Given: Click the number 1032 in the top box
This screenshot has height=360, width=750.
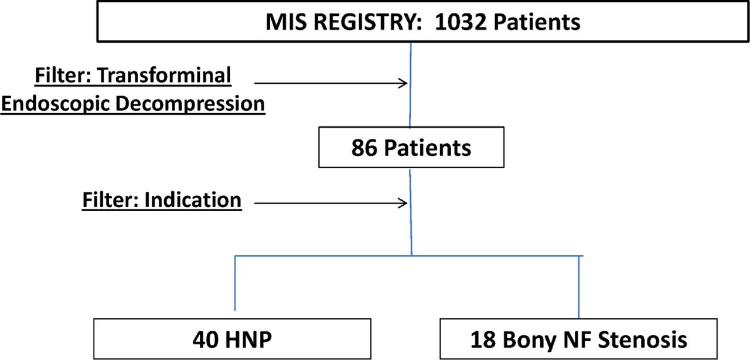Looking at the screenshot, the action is point(461,22).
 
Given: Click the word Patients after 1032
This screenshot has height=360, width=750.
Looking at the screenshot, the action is point(537,22).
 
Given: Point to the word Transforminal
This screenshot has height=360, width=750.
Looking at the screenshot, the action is point(164,74).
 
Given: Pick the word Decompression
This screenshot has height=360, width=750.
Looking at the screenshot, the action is point(190,103).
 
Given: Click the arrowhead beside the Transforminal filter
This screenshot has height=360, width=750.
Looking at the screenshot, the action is point(403,83).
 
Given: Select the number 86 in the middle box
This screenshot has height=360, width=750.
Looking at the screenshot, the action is point(364,148).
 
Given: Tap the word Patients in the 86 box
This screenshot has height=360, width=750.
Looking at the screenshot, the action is point(428,148).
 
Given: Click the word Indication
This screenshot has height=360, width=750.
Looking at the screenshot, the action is point(193,200).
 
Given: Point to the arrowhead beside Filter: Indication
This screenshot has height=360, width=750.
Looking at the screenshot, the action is point(403,203).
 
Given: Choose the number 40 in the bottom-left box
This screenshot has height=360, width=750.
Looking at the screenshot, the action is point(205,339).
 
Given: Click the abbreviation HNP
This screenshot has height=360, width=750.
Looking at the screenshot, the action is point(248,339).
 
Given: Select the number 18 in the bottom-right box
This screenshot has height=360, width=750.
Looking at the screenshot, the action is point(483,339).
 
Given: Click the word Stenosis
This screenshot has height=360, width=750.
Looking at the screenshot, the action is point(643,339).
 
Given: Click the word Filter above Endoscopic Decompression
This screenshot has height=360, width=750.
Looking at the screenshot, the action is point(63,74).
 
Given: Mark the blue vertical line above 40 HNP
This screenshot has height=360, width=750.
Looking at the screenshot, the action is point(235,283).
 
